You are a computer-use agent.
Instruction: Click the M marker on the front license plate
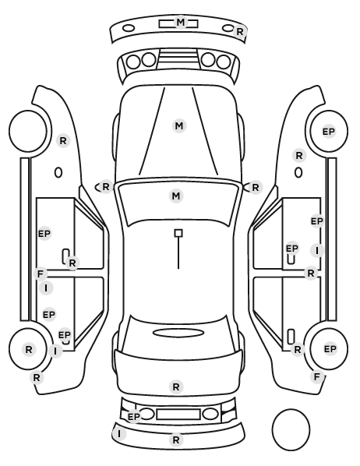click(181, 23)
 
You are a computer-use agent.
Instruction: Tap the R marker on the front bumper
click(239, 31)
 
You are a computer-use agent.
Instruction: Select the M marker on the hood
click(179, 125)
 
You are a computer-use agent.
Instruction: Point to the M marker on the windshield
click(176, 196)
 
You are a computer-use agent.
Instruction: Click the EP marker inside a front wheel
click(329, 132)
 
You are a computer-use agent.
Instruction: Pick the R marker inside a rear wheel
click(29, 349)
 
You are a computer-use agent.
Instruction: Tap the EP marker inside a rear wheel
click(330, 348)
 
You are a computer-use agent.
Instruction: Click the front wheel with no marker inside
click(28, 131)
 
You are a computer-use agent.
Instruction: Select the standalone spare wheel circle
click(291, 429)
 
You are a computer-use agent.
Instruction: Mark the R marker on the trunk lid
click(176, 387)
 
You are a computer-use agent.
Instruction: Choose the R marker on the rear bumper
click(176, 440)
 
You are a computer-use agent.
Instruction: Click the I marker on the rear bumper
click(119, 434)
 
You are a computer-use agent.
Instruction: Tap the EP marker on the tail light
click(134, 416)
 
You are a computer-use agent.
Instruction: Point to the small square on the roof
click(178, 233)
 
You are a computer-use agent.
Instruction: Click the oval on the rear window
click(178, 333)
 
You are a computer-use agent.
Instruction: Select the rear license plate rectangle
click(178, 415)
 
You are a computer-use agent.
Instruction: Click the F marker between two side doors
click(41, 274)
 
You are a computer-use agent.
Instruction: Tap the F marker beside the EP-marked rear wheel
click(317, 376)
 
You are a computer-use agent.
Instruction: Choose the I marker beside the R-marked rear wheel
click(55, 351)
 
